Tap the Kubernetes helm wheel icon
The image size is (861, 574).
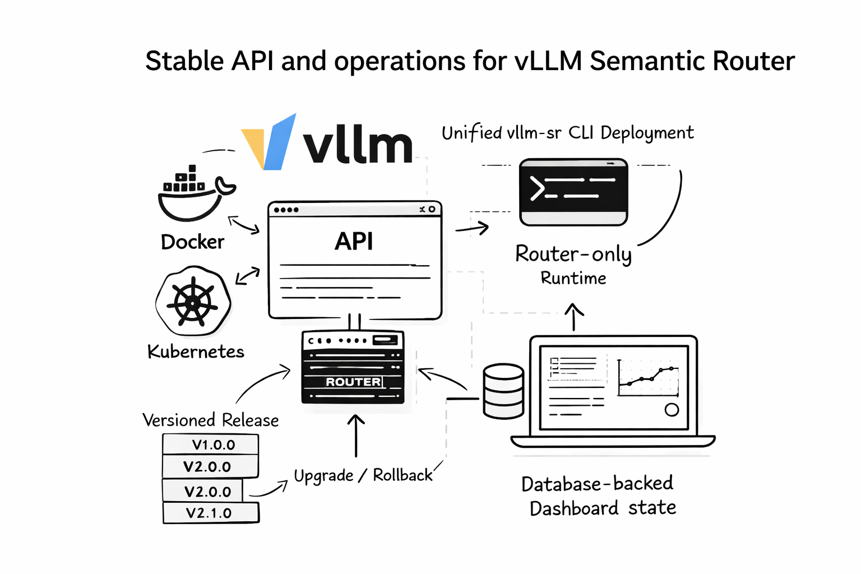pos(193,302)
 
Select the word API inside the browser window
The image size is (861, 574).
pos(354,242)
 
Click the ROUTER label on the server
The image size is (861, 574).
pos(353,382)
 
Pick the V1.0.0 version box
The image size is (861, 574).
pos(211,445)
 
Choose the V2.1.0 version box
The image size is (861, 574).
pos(211,513)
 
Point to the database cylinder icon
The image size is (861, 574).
pos(503,391)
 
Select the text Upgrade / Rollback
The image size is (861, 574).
pos(363,475)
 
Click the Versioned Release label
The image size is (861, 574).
pos(210,420)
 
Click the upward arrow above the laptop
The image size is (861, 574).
pos(573,317)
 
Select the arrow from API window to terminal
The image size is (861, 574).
pos(472,228)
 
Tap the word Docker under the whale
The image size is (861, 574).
pos(192,242)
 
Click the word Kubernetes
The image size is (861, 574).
pos(196,351)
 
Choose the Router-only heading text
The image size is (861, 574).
pos(573,254)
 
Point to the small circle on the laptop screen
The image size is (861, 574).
pos(672,410)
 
